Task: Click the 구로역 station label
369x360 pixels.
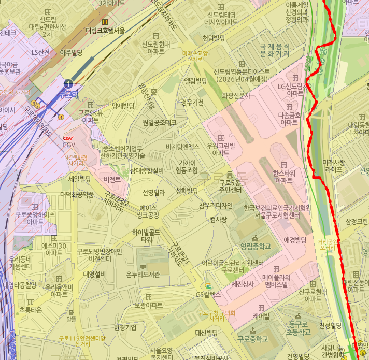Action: (x=68, y=94)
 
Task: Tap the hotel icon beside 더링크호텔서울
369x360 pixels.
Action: (x=106, y=22)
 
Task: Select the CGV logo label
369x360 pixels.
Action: (x=68, y=138)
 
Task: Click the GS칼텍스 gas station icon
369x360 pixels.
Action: (x=208, y=286)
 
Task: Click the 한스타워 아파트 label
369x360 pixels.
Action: (x=283, y=177)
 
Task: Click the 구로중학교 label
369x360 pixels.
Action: (x=253, y=339)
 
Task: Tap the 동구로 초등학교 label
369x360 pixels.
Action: (x=300, y=327)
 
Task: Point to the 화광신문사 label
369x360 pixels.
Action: (x=236, y=96)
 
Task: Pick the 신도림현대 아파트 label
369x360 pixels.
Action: (x=155, y=48)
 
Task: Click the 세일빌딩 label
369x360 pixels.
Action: (x=79, y=179)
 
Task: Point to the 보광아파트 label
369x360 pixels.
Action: (x=148, y=306)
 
